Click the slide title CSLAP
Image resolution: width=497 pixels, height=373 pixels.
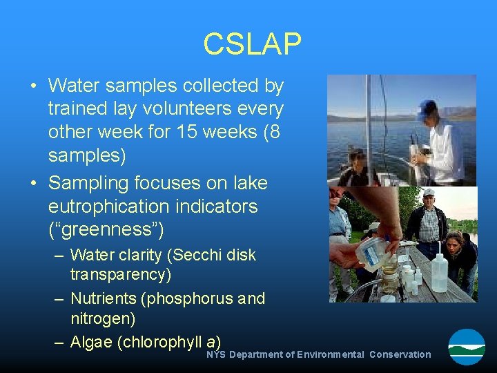click(252, 44)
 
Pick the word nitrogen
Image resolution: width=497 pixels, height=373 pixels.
click(103, 319)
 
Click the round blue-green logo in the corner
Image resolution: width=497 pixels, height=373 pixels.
click(467, 347)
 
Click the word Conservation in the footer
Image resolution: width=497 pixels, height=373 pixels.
click(400, 354)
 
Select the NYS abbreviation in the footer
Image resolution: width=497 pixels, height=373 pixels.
click(216, 354)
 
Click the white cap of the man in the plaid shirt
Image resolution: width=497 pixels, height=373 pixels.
click(429, 193)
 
